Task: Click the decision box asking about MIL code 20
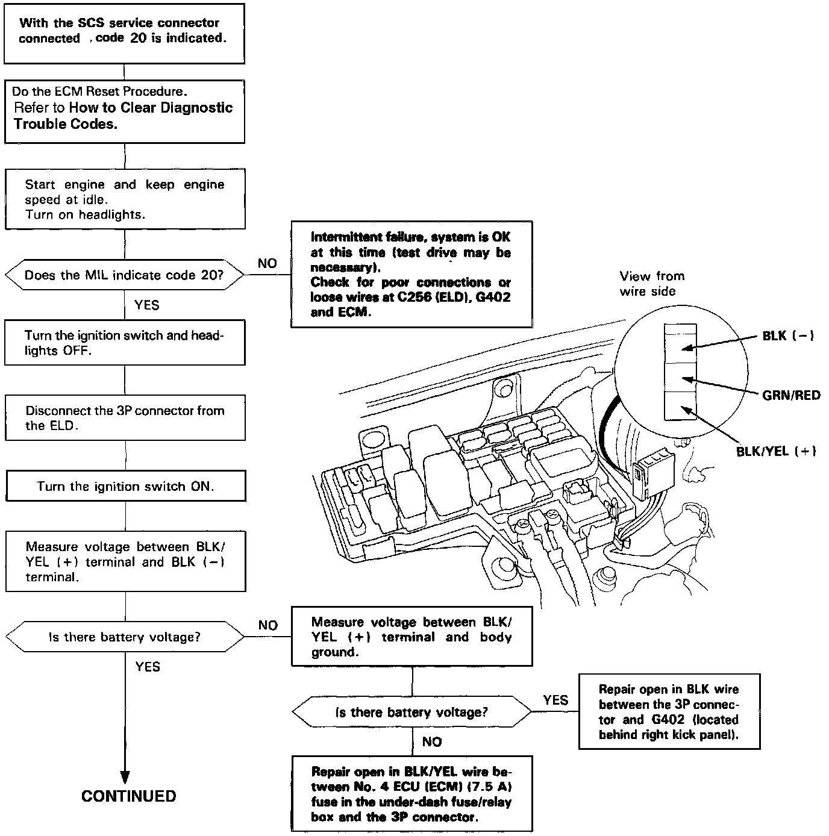tap(124, 275)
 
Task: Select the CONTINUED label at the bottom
tap(128, 796)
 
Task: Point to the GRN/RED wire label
tap(791, 395)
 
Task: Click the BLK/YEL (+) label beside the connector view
tap(776, 451)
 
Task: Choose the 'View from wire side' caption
tap(651, 284)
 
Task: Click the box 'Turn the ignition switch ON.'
tap(125, 486)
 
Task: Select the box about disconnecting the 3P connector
tap(125, 418)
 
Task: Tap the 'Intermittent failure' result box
tap(411, 275)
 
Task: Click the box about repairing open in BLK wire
tap(669, 711)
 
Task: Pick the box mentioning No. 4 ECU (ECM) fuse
tap(412, 794)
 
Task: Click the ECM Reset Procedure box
tap(124, 111)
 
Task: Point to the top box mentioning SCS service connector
tap(124, 33)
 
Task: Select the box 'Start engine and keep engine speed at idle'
tap(125, 199)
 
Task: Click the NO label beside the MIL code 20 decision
tap(267, 263)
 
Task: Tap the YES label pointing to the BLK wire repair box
tap(555, 700)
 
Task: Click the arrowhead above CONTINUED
tap(125, 776)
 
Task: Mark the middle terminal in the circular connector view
tap(681, 377)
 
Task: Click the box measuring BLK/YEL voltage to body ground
tap(411, 637)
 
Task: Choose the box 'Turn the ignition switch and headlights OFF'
tap(125, 343)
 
